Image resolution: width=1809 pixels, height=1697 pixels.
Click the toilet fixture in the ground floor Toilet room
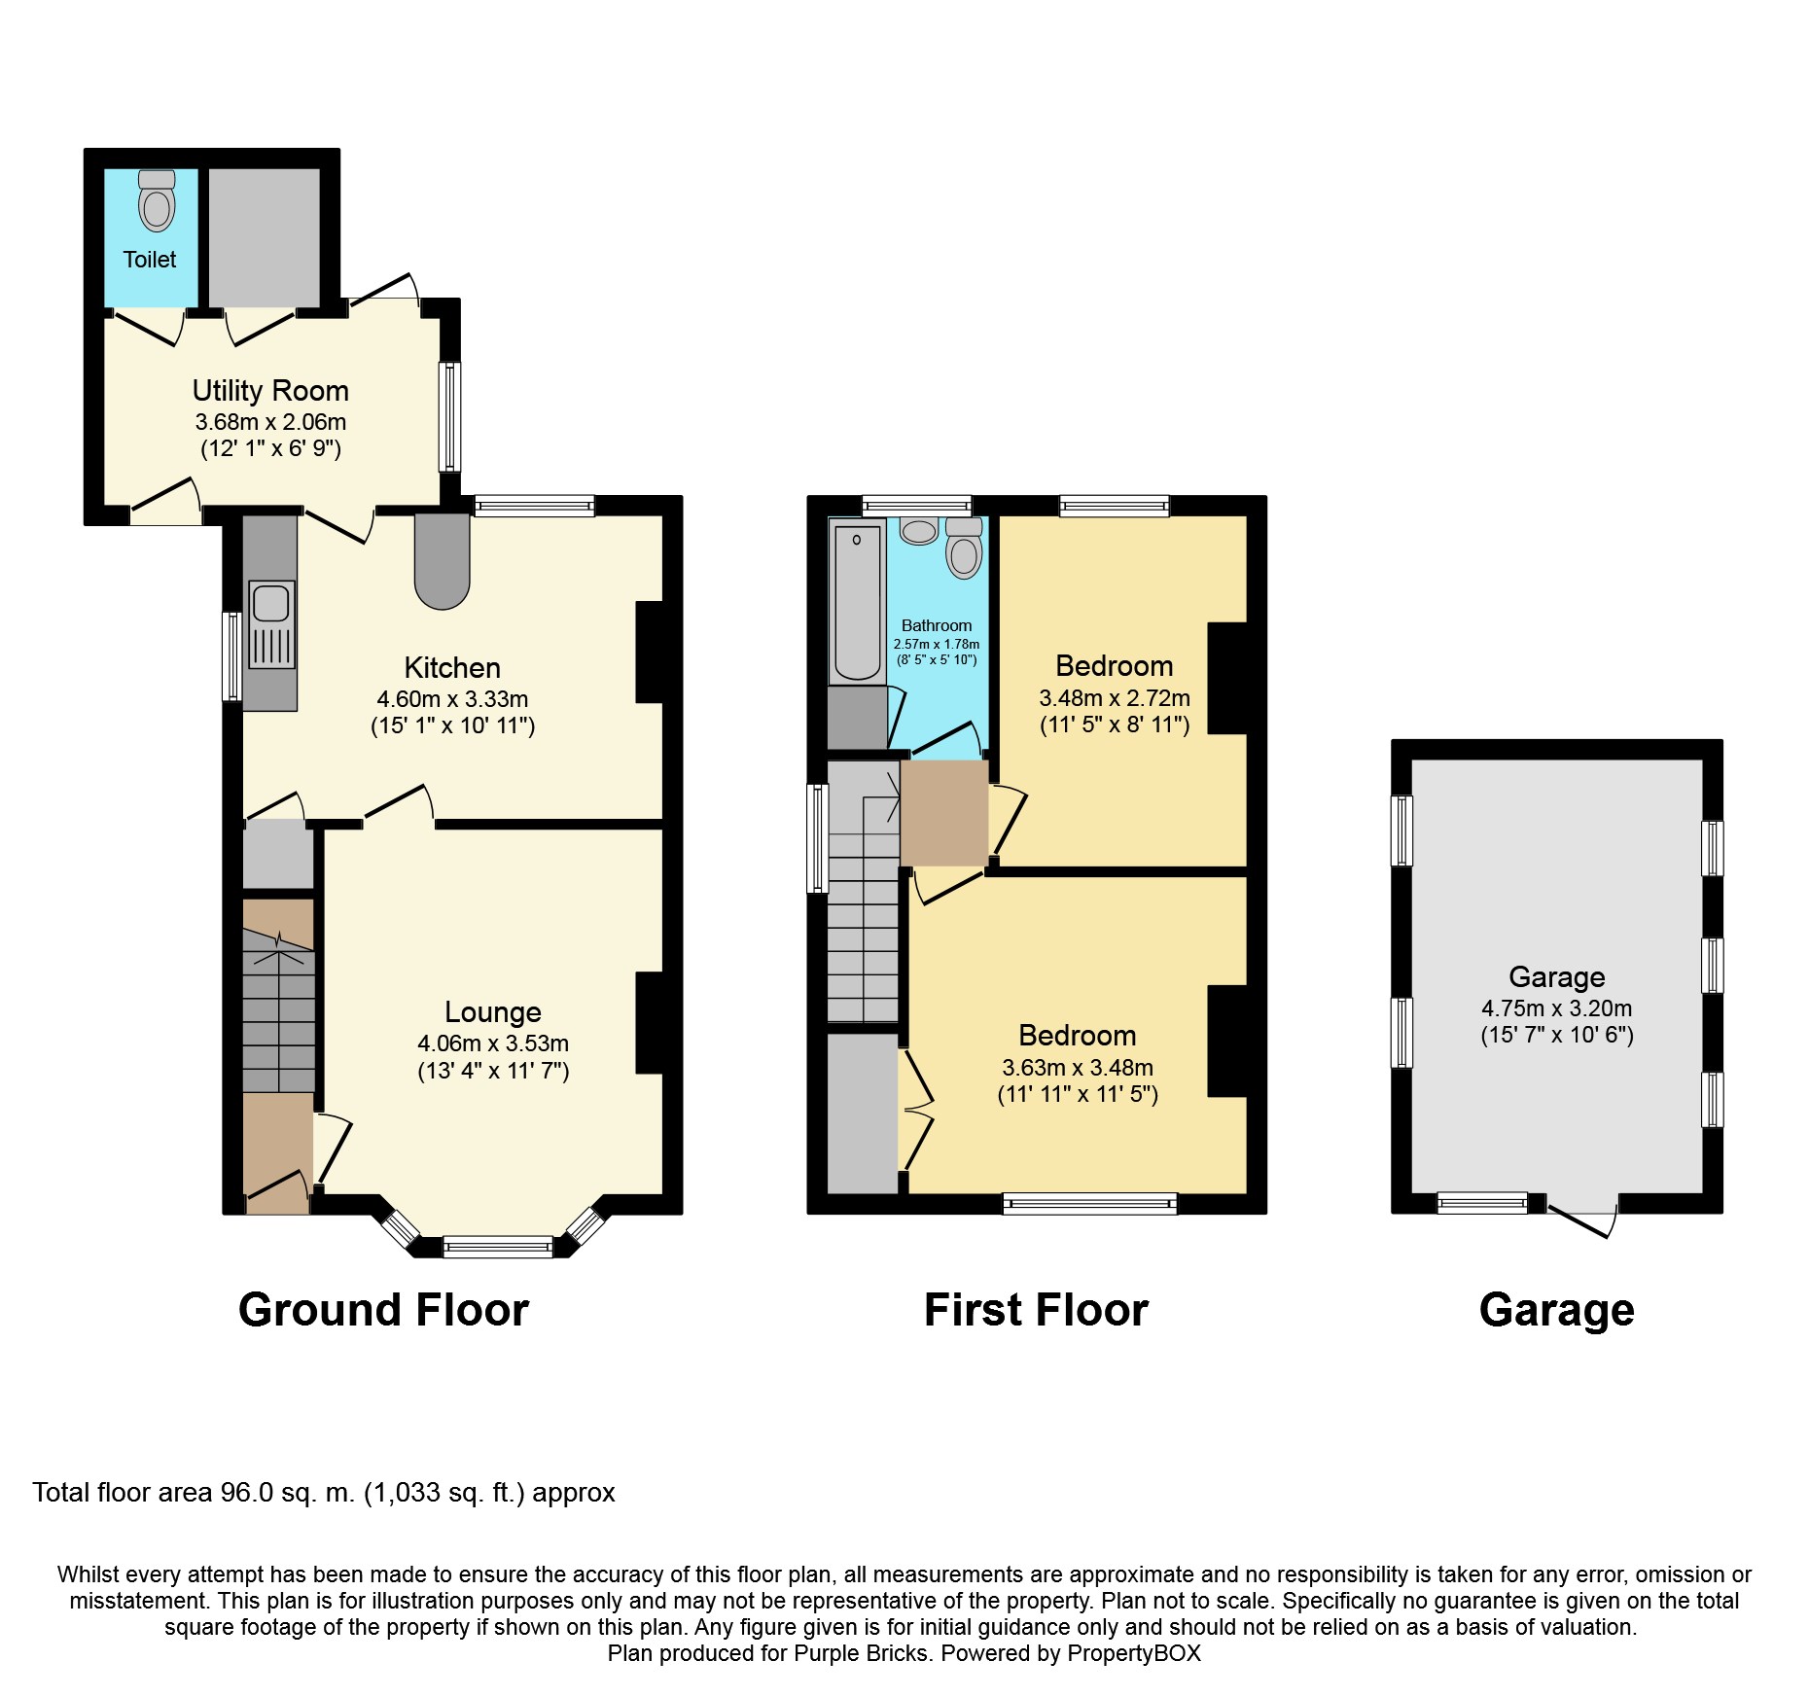[x=157, y=200]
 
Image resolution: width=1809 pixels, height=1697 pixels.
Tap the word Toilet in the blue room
[x=150, y=260]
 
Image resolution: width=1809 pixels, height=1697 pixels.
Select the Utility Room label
[x=270, y=391]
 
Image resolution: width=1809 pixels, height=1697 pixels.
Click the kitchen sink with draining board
[x=271, y=624]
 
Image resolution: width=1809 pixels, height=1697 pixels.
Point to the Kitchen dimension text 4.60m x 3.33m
[x=452, y=699]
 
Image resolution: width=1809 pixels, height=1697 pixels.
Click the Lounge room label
[x=493, y=1012]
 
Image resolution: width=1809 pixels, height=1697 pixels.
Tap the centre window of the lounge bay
[x=498, y=1246]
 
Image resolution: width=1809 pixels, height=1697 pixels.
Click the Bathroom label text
[x=937, y=626]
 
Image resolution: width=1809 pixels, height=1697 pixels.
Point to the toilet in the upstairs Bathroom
[x=964, y=548]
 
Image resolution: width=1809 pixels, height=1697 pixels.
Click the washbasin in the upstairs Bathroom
[x=918, y=531]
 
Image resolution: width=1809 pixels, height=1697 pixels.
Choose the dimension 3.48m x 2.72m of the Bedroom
[x=1115, y=698]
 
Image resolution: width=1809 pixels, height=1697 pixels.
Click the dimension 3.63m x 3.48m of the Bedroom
[x=1078, y=1068]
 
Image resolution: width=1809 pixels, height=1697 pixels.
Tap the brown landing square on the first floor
[x=944, y=813]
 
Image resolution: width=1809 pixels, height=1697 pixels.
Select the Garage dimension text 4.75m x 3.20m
[x=1557, y=1009]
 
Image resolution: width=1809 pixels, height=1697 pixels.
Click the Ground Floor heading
[x=383, y=1310]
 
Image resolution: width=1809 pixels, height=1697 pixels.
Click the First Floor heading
[x=1036, y=1310]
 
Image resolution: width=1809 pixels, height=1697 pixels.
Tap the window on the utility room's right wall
[x=449, y=416]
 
